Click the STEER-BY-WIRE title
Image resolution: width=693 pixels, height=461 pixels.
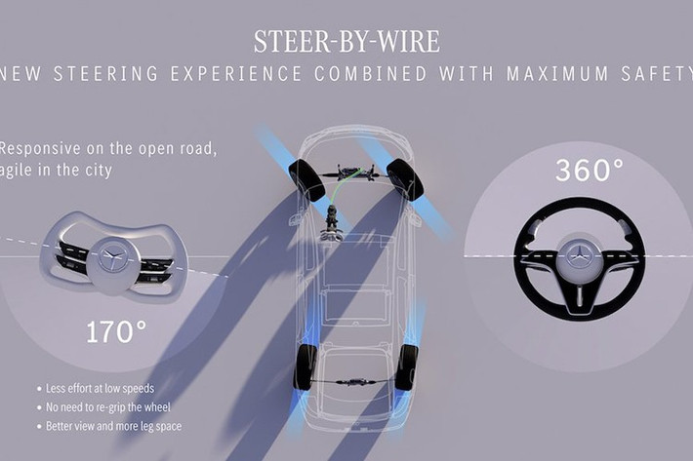(346, 42)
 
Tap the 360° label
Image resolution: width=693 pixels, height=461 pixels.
(589, 171)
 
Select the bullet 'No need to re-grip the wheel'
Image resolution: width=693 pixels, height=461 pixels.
(106, 406)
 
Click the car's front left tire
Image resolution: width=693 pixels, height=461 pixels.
(306, 181)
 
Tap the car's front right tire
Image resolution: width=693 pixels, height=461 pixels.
(404, 179)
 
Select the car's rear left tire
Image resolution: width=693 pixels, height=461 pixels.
(306, 366)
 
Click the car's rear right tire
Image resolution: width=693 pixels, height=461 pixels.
(407, 366)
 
